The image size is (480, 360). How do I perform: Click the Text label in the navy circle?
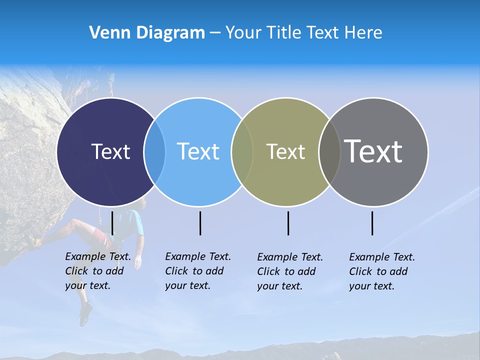coord(110,151)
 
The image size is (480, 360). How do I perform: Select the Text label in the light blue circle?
coord(198,151)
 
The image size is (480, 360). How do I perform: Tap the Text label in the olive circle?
coord(285,151)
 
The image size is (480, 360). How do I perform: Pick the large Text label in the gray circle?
coord(373,151)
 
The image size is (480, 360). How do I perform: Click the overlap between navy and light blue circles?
coord(154,151)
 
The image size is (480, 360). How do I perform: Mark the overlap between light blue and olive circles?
coord(242,151)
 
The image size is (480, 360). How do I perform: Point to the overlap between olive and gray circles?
coord(329,151)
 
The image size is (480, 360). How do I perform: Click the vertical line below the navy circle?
coord(112,223)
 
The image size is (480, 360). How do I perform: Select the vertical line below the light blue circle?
coord(200,223)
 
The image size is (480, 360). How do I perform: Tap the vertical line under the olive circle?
coord(288,223)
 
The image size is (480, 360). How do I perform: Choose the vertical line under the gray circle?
coord(372,223)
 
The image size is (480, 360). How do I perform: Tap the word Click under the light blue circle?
coord(176,271)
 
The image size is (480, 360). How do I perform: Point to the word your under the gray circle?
coord(360,286)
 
